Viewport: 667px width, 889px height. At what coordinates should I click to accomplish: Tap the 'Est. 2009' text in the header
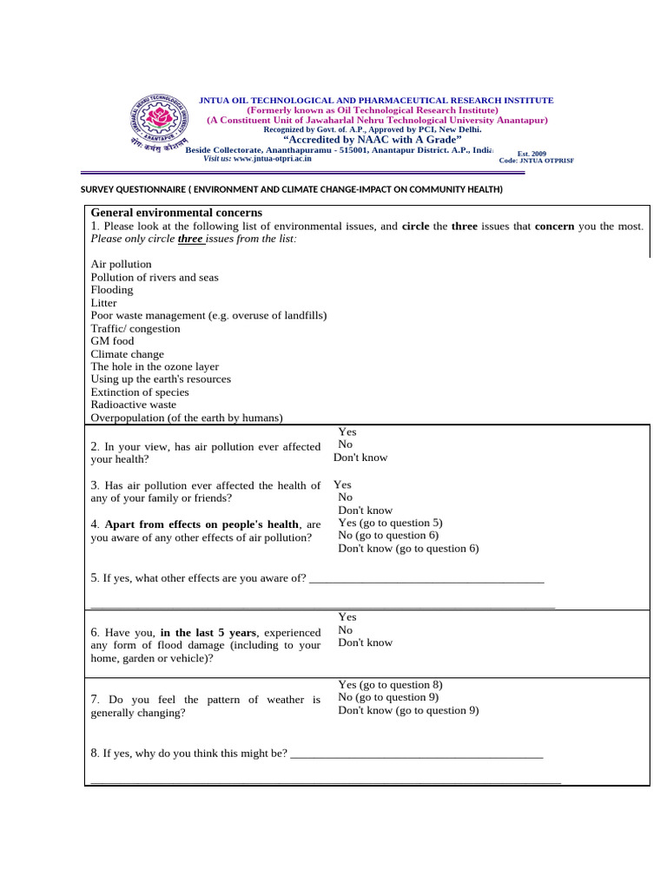point(532,153)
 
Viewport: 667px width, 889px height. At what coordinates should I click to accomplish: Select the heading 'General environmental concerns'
point(176,213)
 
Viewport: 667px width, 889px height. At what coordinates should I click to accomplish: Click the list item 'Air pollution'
point(121,264)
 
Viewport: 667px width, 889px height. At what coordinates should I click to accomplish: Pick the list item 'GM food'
point(112,341)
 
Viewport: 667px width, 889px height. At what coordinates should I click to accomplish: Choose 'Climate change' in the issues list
point(127,354)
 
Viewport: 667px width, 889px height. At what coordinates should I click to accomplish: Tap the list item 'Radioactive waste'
point(133,405)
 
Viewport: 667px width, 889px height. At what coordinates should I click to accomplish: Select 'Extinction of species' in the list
point(139,392)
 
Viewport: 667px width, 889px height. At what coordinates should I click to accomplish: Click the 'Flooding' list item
point(112,290)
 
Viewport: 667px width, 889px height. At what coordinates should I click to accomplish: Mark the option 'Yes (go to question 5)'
point(390,523)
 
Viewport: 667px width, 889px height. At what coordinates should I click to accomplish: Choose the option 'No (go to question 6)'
point(388,536)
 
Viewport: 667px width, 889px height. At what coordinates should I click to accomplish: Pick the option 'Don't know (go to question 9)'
point(408,710)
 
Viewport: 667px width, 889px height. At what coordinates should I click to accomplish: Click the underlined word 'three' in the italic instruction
point(190,239)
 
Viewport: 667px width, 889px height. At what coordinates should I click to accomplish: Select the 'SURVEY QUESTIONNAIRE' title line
point(291,189)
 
